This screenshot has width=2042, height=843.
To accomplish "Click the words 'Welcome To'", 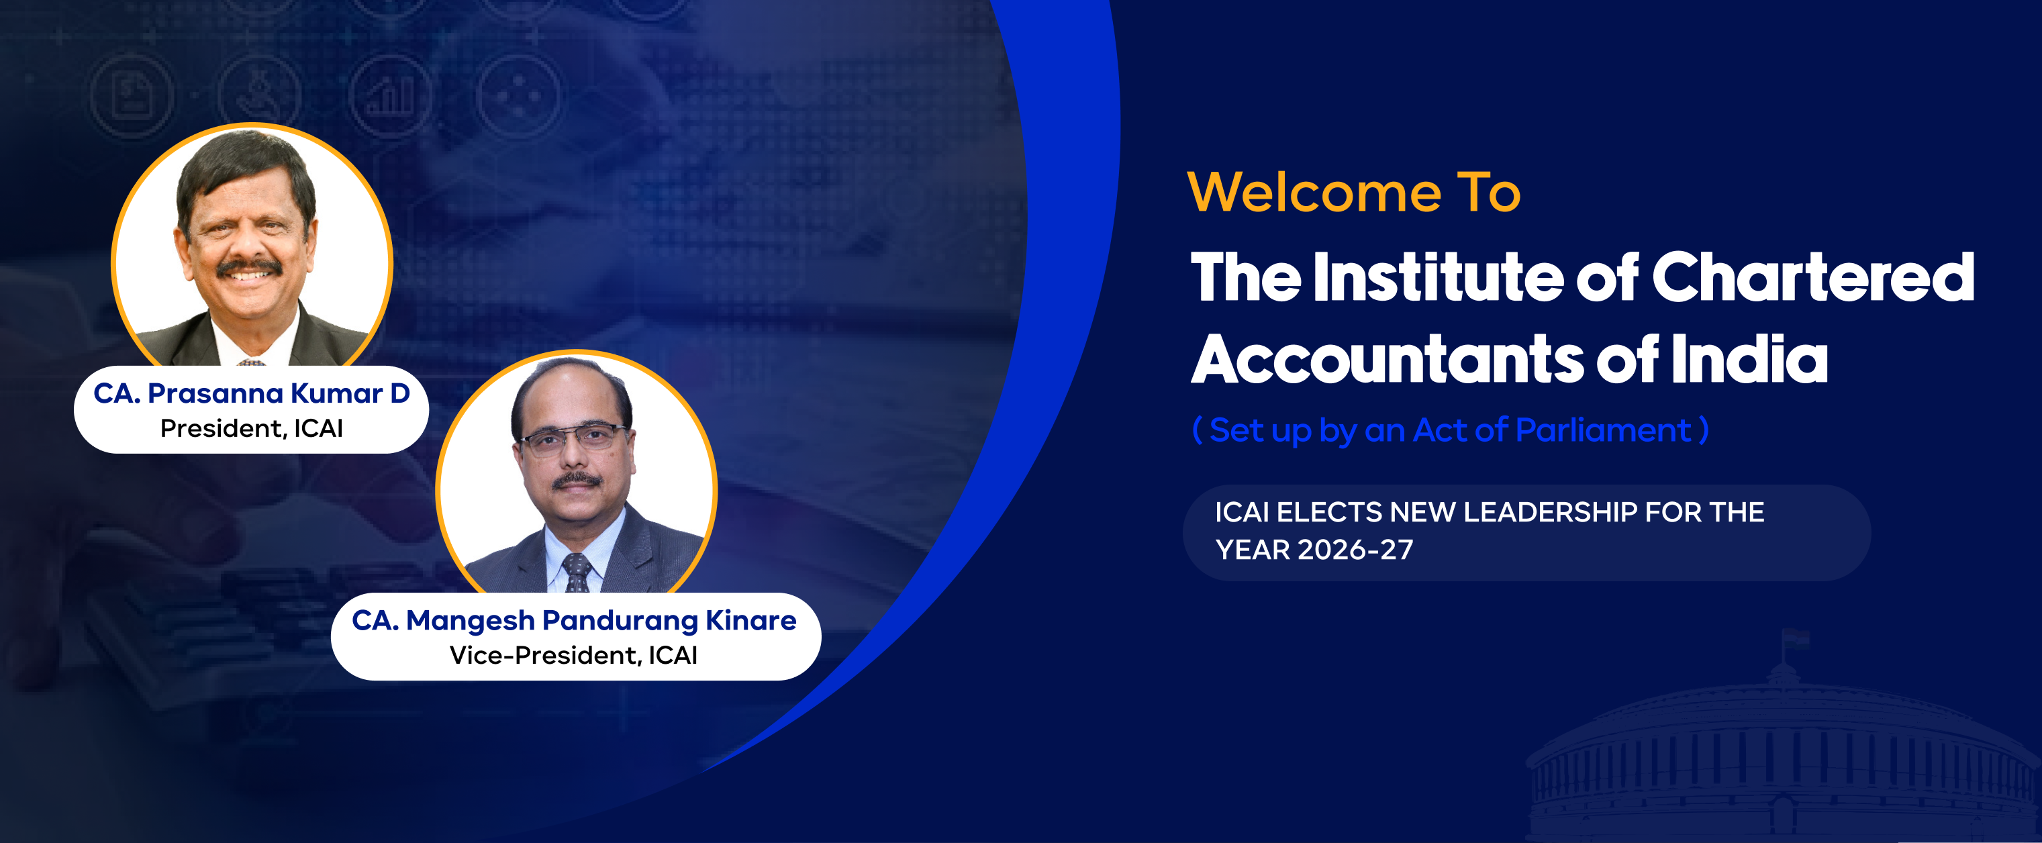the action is click(x=1354, y=192).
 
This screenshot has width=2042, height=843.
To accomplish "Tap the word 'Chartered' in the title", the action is click(x=1813, y=277).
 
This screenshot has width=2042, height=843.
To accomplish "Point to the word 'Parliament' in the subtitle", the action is click(x=1603, y=430).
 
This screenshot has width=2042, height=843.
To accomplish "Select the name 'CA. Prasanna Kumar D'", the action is click(x=251, y=393).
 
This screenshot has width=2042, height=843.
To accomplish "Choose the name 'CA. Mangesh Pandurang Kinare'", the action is click(x=574, y=620).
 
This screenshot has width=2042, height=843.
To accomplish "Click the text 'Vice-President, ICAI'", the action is click(x=574, y=655).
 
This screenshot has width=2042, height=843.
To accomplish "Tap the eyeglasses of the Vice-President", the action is click(x=573, y=438).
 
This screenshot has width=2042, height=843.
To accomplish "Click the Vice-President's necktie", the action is click(x=577, y=573).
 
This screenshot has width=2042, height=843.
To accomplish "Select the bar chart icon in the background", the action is click(x=390, y=95).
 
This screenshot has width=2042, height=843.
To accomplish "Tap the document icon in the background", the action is click(x=131, y=95).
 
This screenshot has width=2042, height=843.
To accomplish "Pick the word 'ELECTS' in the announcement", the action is click(x=1329, y=512).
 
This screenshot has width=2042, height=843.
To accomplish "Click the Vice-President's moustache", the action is click(x=577, y=479).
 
